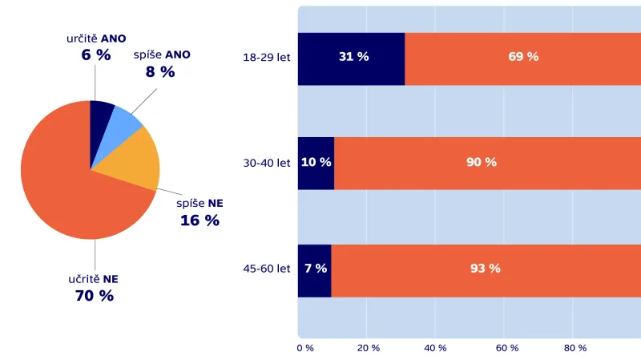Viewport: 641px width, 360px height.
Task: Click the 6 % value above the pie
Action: coord(95,55)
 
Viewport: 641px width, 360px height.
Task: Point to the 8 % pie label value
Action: coord(159,71)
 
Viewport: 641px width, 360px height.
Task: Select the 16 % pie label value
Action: coord(200,220)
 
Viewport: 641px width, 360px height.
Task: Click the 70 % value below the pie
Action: coord(94,295)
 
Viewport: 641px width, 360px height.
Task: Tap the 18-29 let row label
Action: coord(267,58)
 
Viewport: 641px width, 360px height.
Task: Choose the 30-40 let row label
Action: coord(267,163)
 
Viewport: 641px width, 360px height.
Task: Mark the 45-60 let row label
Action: coord(267,269)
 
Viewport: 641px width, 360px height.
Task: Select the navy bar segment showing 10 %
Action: coord(316,163)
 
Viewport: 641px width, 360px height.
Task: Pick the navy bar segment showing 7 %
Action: coord(314,269)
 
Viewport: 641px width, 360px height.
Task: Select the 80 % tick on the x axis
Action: coord(575,348)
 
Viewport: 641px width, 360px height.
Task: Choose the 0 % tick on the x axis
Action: coord(305,348)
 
